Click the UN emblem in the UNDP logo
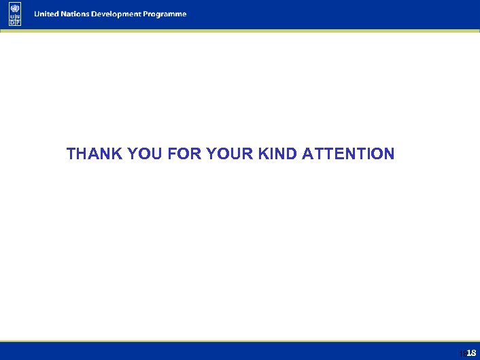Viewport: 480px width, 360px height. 15,7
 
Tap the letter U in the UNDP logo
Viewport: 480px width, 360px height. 12,17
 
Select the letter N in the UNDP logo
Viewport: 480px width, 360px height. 18,17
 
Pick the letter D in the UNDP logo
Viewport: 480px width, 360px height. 12,22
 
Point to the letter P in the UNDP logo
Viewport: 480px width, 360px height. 18,22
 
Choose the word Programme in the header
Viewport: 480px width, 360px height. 167,14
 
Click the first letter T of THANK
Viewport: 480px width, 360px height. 71,154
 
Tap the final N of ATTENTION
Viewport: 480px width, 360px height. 389,154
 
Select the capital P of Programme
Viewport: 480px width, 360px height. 151,14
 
